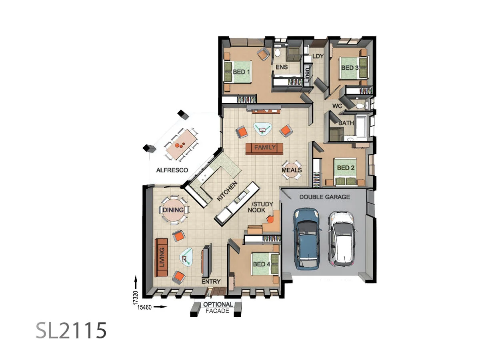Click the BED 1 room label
pos(241,73)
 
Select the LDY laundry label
pos(318,56)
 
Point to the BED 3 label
pos(350,68)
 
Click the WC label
pos(337,106)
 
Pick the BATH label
pos(346,123)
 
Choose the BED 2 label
pos(346,168)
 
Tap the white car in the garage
pos(341,239)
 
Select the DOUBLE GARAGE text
pos(324,197)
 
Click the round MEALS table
pos(292,170)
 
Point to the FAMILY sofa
pos(265,148)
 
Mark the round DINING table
pos(173,210)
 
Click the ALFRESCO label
pos(172,170)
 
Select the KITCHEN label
pos(227,191)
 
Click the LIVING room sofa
pos(162,257)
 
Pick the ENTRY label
pos(211,282)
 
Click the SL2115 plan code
pos(71,330)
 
